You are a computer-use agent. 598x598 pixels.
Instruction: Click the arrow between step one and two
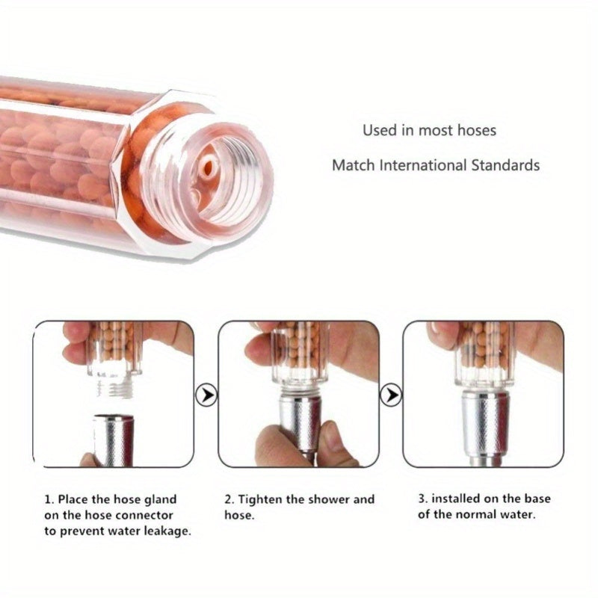coord(206,393)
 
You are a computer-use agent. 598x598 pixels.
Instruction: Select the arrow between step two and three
coord(390,393)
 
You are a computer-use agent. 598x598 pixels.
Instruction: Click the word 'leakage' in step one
coord(166,531)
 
